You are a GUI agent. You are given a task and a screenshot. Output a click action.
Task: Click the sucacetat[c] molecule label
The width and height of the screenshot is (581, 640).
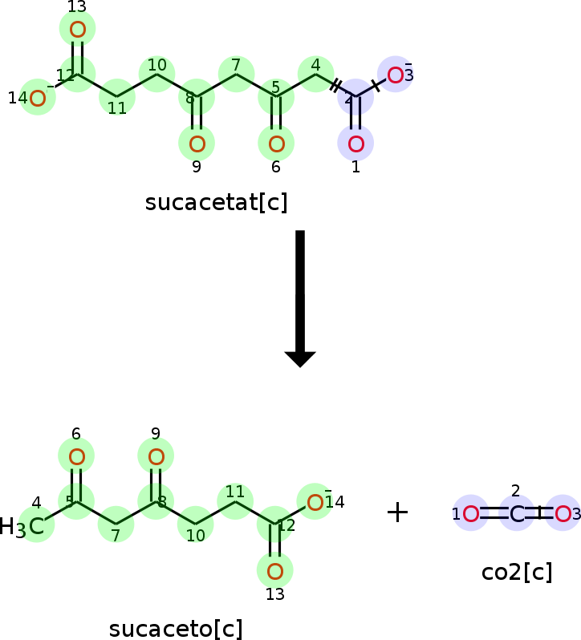[216, 203]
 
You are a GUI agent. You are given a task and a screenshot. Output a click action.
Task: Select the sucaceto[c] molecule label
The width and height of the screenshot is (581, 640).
[176, 629]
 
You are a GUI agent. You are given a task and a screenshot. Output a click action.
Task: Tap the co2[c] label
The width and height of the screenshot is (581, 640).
[517, 572]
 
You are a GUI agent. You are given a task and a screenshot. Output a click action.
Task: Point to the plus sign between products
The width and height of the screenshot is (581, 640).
[397, 512]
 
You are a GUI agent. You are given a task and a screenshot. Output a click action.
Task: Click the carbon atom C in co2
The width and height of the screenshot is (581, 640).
[517, 513]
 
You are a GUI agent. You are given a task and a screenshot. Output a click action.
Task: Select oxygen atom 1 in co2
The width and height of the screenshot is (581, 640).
[471, 513]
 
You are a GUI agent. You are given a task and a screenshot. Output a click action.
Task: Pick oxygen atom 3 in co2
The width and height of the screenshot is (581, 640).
[563, 513]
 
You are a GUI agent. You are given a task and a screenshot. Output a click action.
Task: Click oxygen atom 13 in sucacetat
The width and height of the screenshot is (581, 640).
[77, 30]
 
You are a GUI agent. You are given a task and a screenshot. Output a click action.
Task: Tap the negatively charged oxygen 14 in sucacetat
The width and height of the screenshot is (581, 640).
[37, 98]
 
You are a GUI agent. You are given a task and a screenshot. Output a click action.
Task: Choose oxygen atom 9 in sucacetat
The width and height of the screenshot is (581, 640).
[197, 144]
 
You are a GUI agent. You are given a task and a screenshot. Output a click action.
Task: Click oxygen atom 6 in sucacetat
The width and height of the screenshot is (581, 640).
[276, 144]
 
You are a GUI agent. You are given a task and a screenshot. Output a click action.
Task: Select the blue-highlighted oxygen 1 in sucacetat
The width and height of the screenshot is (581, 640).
[356, 144]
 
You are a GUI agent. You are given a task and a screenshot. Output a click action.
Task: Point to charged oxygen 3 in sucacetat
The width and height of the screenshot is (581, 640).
[395, 75]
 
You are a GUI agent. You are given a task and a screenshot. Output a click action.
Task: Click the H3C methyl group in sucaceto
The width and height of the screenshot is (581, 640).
[24, 527]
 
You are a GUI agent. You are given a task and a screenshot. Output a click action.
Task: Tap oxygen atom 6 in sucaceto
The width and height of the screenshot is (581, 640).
[76, 457]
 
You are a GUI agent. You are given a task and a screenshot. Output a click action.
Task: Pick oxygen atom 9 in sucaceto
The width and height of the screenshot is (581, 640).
[156, 457]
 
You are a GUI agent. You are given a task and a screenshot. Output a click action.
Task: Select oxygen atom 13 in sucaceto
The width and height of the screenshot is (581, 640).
[274, 572]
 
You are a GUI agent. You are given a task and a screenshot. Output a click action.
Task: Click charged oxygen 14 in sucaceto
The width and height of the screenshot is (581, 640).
[315, 503]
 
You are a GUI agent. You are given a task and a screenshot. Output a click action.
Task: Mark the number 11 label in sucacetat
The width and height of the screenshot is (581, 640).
[117, 108]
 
